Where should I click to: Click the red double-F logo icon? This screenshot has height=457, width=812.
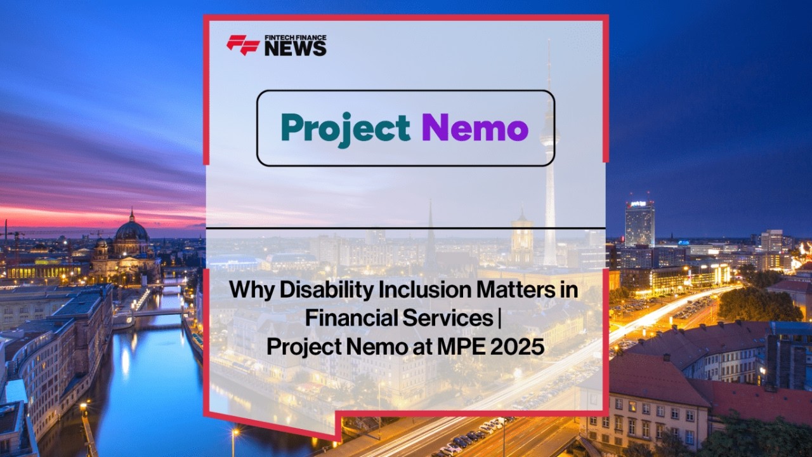[243, 45]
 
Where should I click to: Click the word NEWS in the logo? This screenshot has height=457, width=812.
[296, 48]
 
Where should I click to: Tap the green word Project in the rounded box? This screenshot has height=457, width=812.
[346, 129]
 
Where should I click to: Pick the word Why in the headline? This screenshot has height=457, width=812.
[252, 291]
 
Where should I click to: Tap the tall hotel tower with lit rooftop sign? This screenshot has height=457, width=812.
[639, 222]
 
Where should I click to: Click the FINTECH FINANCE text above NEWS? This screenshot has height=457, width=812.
[296, 37]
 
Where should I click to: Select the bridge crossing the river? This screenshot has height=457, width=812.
[159, 312]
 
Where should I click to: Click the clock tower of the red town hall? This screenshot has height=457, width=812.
[521, 235]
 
